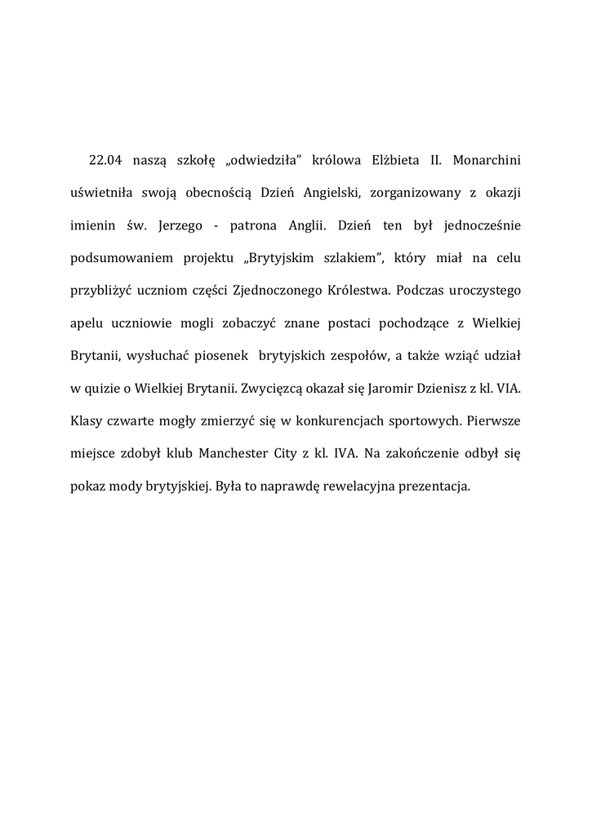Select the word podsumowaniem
[x=121, y=259]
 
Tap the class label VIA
[x=507, y=389]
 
